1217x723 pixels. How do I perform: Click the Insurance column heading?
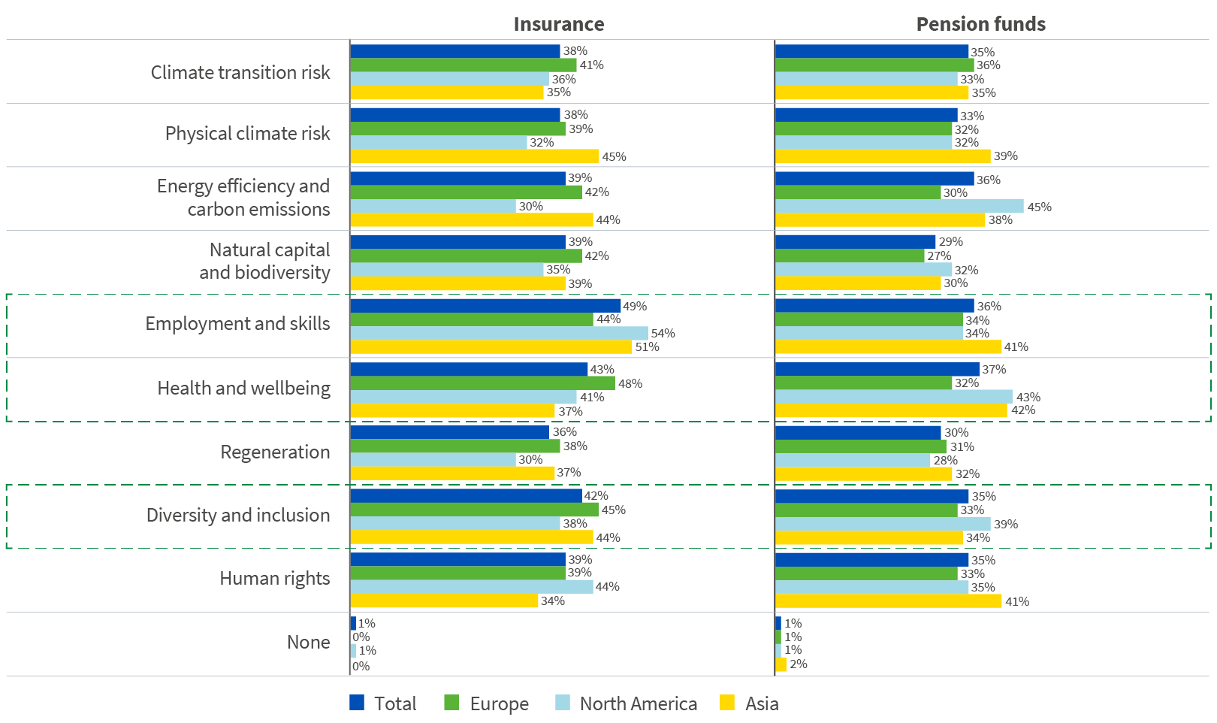coord(558,24)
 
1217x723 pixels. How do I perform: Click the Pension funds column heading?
coord(980,24)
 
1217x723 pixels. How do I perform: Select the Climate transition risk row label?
coord(240,72)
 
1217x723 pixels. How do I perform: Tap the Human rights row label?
coord(275,578)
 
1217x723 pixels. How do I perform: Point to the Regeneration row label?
coord(275,452)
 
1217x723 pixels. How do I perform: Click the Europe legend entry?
coord(499,703)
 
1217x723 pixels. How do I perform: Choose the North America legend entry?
coord(638,703)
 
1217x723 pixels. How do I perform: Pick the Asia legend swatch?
coord(726,703)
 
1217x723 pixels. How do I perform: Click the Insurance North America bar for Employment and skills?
coord(499,333)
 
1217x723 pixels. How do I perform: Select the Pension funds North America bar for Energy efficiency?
coord(899,206)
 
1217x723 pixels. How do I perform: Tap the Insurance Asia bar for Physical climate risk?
coord(474,156)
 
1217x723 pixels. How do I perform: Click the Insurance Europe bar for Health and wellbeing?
coord(482,383)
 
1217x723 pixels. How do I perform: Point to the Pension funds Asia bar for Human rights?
coord(888,601)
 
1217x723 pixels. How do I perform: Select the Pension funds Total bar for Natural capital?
coord(855,241)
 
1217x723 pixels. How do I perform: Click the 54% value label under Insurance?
coord(663,333)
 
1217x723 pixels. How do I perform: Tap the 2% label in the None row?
coord(798,664)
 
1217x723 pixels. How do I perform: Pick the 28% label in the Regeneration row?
coord(945,460)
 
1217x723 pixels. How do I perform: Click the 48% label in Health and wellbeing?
coord(630,383)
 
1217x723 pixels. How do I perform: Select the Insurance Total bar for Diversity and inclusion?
coord(466,495)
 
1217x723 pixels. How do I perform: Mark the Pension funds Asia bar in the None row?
coord(781,664)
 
